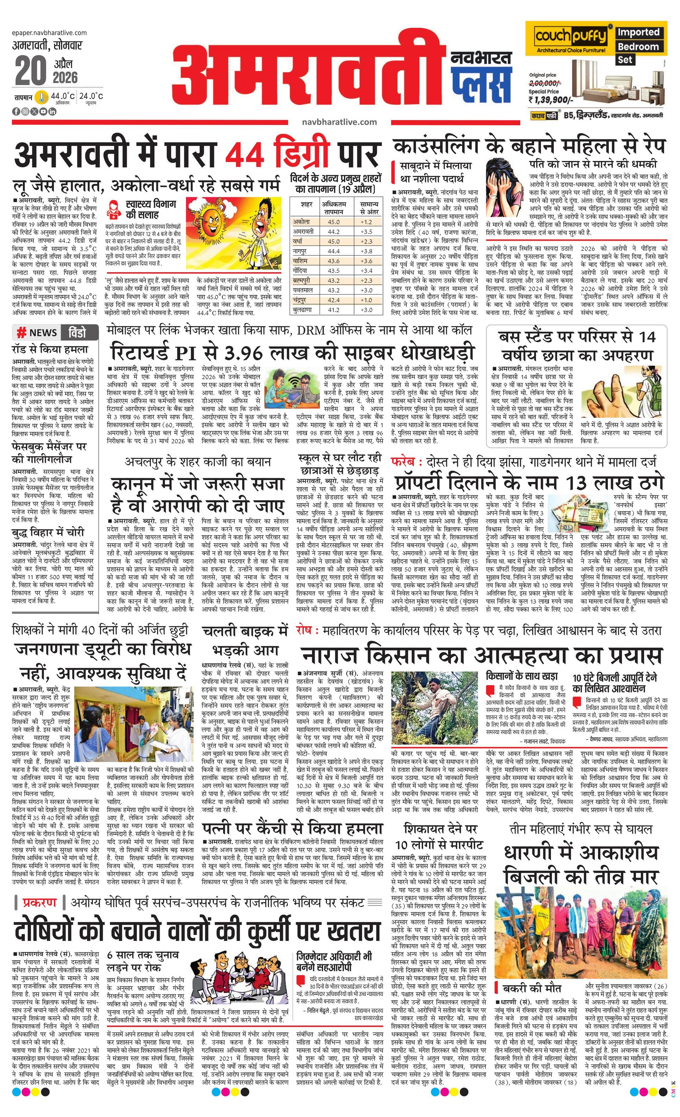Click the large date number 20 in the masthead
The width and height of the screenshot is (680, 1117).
tap(30, 71)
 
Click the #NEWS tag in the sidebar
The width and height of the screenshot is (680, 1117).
tap(37, 333)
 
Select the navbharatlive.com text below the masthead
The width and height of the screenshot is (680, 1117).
tap(339, 121)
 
